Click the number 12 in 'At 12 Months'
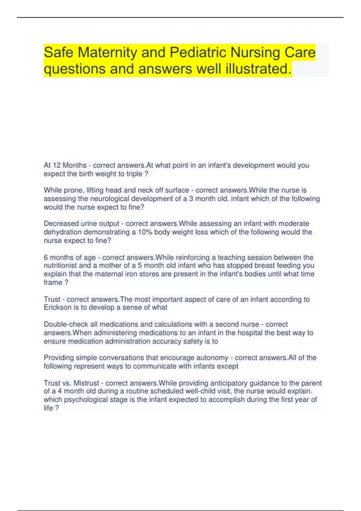(x=57, y=165)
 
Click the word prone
(x=74, y=190)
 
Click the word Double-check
(x=66, y=324)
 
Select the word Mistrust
(x=86, y=383)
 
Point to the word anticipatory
(x=229, y=383)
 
